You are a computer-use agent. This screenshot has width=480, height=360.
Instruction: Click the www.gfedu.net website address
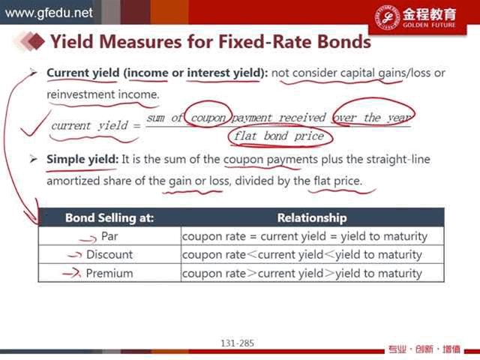49,13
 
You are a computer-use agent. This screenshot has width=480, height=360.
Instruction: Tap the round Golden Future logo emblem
388,17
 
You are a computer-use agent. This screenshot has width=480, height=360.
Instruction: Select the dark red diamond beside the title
37,41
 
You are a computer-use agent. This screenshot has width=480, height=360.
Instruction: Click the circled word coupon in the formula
208,118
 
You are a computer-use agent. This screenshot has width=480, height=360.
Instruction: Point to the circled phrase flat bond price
279,136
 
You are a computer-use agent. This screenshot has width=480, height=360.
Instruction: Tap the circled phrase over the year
373,118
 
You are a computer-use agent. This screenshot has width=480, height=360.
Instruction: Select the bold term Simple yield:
82,160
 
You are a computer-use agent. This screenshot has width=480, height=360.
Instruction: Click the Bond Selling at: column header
109,217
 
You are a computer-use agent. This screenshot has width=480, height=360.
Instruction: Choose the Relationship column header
312,217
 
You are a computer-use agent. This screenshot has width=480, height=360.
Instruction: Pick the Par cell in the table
109,236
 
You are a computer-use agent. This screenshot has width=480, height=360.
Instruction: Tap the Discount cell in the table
109,255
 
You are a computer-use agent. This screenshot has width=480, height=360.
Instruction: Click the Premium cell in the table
109,273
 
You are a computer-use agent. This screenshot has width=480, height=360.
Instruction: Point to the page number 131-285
238,343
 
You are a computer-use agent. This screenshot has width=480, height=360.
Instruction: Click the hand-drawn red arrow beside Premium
72,273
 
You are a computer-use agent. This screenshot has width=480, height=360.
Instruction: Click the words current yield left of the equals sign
89,126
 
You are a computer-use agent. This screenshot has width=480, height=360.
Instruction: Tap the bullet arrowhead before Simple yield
34,160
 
